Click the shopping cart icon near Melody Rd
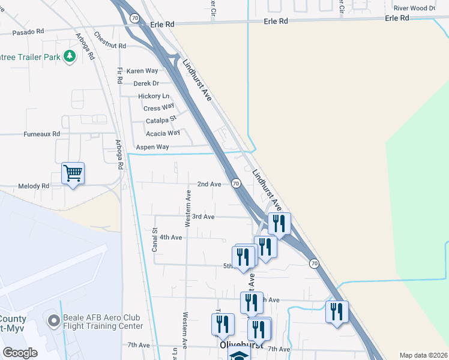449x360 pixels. [x=73, y=174]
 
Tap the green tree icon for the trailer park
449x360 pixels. [x=70, y=56]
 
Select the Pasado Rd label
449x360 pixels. [x=28, y=31]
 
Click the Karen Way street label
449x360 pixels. [x=142, y=71]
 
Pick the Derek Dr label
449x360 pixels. [x=146, y=83]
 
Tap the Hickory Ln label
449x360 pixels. [x=154, y=96]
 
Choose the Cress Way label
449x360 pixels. [x=158, y=108]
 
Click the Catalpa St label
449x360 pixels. [x=161, y=121]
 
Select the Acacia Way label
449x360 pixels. [x=163, y=133]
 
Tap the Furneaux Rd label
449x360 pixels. [x=42, y=134]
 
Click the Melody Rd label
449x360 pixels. [x=34, y=187]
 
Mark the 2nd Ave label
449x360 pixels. [x=209, y=184]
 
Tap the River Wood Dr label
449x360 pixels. [x=414, y=8]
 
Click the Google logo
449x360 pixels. [x=20, y=352]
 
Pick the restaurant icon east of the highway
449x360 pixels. [x=337, y=312]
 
